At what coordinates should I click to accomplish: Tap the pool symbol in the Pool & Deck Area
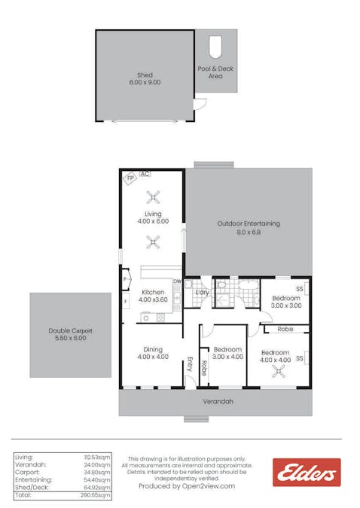coord(215,47)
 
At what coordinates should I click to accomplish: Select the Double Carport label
coord(70,335)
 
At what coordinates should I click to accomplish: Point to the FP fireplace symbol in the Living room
coord(130,178)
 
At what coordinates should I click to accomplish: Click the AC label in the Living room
coord(145,174)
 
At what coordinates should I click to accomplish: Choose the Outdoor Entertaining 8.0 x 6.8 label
coord(249,228)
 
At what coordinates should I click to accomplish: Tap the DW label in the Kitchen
coord(178,282)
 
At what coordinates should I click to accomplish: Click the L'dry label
coord(201,292)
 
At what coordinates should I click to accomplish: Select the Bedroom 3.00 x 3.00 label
coord(285,302)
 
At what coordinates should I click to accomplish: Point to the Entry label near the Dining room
coord(190,364)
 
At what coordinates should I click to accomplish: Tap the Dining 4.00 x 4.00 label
coord(153,353)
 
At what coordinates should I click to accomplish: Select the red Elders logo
coord(306,473)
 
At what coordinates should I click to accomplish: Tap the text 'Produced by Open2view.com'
coord(186,486)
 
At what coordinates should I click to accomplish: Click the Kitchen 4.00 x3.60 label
coord(153,296)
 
